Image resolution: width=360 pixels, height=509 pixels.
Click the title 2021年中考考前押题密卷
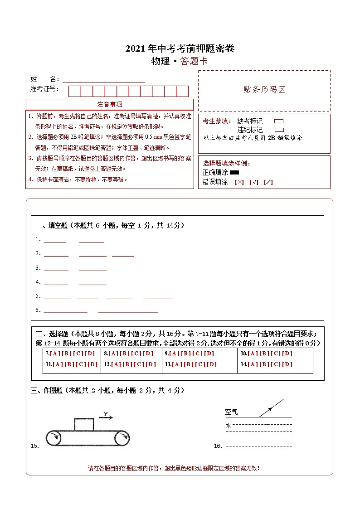pyautogui.click(x=180, y=49)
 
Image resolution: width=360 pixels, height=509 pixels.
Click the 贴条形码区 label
pyautogui.click(x=264, y=90)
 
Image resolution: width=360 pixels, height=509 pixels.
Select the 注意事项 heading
pyautogui.click(x=109, y=105)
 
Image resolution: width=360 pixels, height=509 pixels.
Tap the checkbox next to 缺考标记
pyautogui.click(x=279, y=121)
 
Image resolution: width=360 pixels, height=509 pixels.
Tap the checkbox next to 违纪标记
pyautogui.click(x=279, y=130)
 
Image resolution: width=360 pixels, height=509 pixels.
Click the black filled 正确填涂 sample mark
pyautogui.click(x=234, y=172)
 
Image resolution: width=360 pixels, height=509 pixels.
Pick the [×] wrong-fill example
pyautogui.click(x=239, y=182)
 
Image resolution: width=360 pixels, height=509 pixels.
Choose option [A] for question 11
pyautogui.click(x=58, y=364)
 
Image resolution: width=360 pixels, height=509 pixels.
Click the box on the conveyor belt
pyautogui.click(x=84, y=425)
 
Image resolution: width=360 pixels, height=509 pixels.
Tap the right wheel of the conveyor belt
pyautogui.click(x=122, y=438)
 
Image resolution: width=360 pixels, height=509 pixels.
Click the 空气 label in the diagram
pyautogui.click(x=231, y=412)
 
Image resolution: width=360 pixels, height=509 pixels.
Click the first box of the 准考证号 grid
pyautogui.click(x=74, y=91)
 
